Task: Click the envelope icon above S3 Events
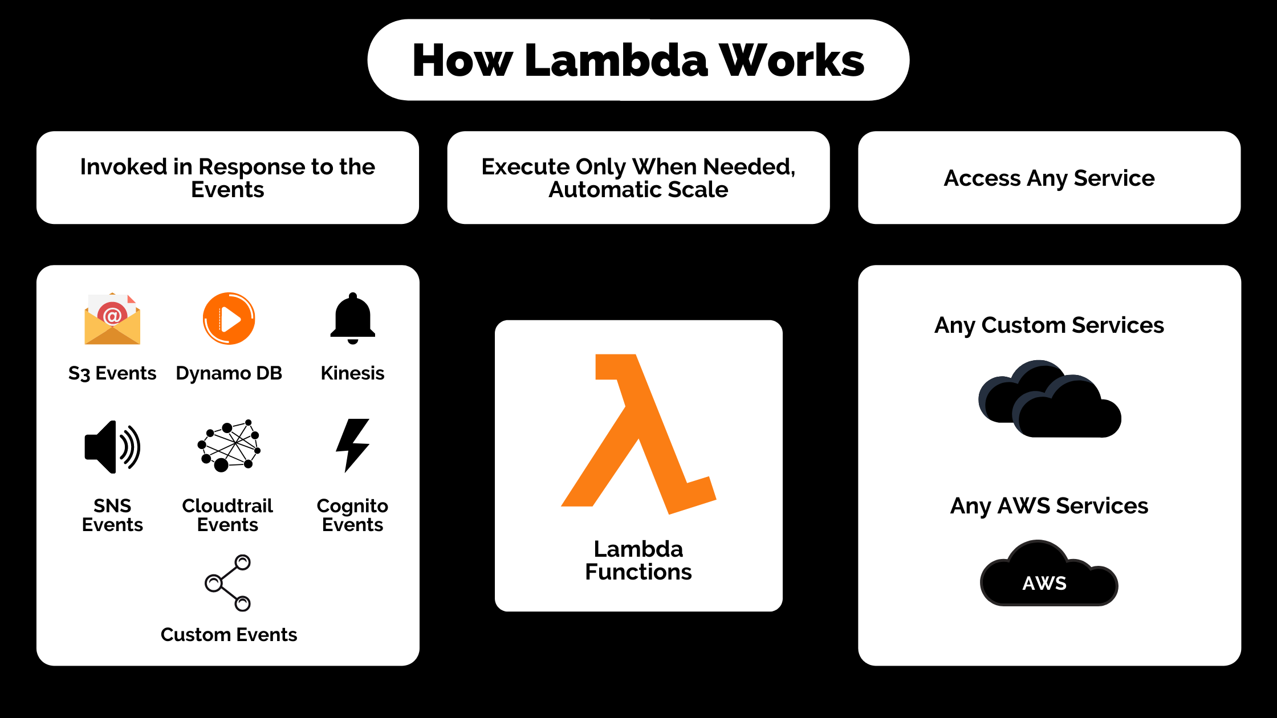click(x=112, y=319)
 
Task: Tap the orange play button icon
click(x=229, y=319)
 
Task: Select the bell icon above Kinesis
click(x=353, y=318)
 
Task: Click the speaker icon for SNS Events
click(x=112, y=447)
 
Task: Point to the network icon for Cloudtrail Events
click(x=229, y=446)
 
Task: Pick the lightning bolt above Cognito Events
click(x=353, y=446)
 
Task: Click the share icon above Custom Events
click(x=228, y=582)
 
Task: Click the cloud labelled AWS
click(x=1049, y=573)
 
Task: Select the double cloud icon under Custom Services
click(x=1050, y=399)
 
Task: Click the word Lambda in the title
click(x=616, y=60)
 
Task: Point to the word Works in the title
click(x=792, y=60)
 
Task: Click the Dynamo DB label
click(x=229, y=373)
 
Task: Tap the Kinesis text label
click(x=352, y=373)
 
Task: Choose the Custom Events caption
click(x=229, y=635)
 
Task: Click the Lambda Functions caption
click(x=638, y=560)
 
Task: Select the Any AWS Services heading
click(x=1049, y=506)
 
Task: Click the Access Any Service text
click(x=1049, y=178)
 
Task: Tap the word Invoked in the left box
click(x=123, y=167)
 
